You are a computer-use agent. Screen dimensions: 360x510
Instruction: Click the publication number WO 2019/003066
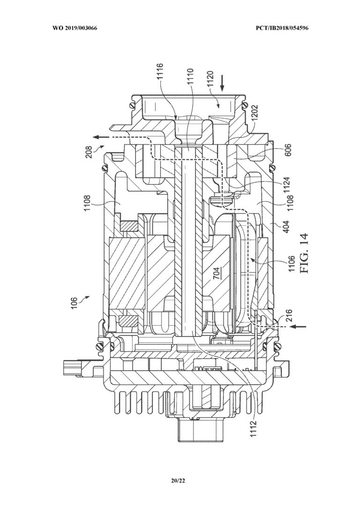[75, 28]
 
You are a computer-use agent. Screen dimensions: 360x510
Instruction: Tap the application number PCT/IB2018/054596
[282, 28]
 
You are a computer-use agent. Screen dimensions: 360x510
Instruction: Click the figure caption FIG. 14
[304, 253]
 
